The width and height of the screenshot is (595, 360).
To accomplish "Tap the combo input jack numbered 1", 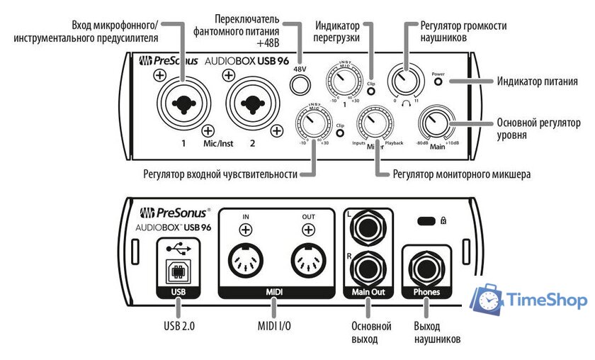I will [183, 104].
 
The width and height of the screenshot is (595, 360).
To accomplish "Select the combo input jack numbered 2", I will [253, 104].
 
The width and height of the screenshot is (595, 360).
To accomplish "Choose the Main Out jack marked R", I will [368, 269].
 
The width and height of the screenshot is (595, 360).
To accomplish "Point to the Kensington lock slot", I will [427, 221].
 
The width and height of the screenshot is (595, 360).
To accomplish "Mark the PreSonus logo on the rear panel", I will [174, 211].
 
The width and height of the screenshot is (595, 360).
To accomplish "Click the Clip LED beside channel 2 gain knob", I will [341, 133].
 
